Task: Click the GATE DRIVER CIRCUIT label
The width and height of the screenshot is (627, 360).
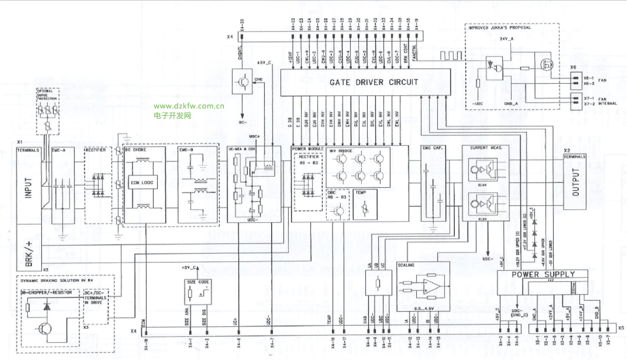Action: point(373,82)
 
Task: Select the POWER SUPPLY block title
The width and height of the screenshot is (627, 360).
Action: point(543,275)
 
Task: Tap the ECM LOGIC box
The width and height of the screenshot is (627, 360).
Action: point(142,183)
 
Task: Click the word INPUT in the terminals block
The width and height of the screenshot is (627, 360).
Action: point(28,188)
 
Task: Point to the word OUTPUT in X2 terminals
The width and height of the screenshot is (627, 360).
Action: point(575,182)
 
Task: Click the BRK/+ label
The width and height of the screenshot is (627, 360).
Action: point(29,254)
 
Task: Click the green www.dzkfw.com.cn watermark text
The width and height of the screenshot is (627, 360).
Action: point(189,106)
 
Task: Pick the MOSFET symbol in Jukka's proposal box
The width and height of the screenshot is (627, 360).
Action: point(547,64)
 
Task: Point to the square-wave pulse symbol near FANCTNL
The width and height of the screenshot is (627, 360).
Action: point(450,56)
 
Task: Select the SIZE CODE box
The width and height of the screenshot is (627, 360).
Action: point(198,292)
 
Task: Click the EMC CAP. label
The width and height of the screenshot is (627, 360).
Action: point(432,148)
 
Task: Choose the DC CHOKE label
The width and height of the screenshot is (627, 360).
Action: point(136,150)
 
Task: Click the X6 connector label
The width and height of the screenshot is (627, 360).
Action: point(573,67)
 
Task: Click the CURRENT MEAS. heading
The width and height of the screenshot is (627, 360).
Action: point(486,148)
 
